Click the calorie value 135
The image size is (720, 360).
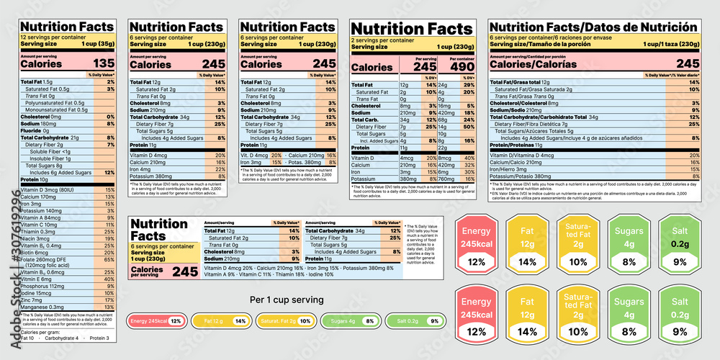pyautogui.click(x=104, y=63)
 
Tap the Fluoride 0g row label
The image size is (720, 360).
pyautogui.click(x=35, y=130)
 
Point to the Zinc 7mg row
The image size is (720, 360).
pyautogui.click(x=35, y=320)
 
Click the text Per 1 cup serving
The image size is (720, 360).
pyautogui.click(x=286, y=300)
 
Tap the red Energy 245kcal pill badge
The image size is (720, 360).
pyautogui.click(x=155, y=321)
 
